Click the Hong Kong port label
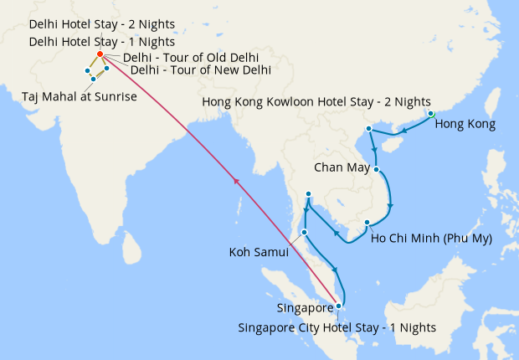click(x=465, y=125)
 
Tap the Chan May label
click(x=342, y=167)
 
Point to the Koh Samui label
click(x=259, y=251)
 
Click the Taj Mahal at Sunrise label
click(x=79, y=96)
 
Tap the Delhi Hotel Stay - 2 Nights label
click(x=101, y=24)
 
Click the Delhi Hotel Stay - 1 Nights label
click(x=101, y=41)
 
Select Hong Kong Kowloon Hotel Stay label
click(x=316, y=102)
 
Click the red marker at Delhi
click(x=100, y=54)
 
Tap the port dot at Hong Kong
click(x=431, y=114)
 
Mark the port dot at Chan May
click(x=377, y=169)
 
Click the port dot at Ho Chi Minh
click(x=367, y=223)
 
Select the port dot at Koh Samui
click(x=305, y=232)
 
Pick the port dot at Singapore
click(x=338, y=306)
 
